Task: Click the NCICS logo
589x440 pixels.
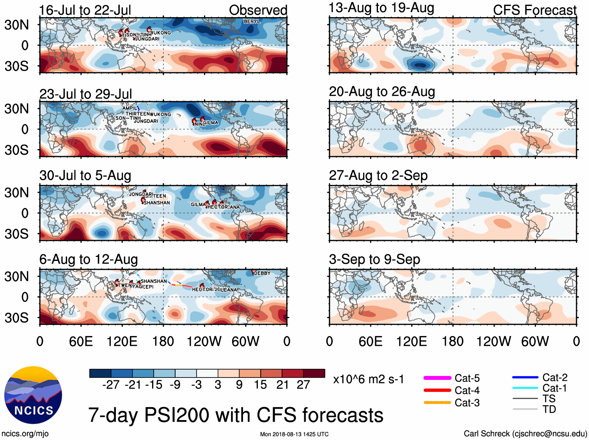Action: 33,395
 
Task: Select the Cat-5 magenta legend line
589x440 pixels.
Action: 437,378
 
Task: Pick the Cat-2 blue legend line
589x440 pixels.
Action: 525,378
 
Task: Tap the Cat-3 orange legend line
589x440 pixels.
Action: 437,403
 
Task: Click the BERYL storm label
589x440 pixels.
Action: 252,21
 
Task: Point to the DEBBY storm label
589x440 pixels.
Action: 262,273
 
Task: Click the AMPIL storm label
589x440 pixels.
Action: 130,108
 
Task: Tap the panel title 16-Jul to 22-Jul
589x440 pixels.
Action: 85,10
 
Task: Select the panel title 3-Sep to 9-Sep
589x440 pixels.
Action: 374,259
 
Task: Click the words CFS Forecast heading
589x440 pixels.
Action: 534,10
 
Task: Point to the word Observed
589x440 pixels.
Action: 258,10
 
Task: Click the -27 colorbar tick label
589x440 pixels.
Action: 111,385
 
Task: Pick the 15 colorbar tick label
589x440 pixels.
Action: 260,385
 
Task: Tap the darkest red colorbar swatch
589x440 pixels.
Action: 314,373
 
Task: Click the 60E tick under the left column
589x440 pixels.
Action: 81,342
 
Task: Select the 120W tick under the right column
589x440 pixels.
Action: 493,342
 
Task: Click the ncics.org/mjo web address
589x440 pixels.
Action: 25,433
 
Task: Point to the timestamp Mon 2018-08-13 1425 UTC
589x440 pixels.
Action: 294,434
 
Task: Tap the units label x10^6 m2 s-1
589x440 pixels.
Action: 368,379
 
